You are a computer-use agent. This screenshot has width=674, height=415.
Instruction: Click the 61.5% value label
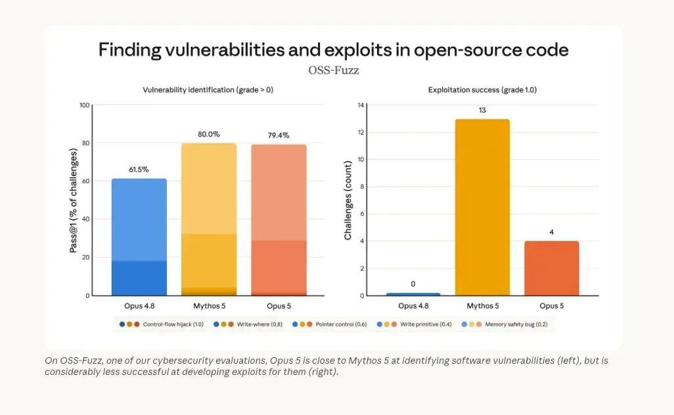[x=139, y=169]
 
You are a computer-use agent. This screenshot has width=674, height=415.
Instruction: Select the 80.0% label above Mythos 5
[x=208, y=135]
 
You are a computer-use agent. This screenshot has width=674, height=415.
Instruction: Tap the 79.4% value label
[x=279, y=135]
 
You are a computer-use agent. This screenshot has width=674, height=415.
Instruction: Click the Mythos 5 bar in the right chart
[x=482, y=207]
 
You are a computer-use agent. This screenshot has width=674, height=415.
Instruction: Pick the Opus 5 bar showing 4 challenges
[x=552, y=269]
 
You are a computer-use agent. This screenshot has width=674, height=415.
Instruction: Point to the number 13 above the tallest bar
[x=482, y=110]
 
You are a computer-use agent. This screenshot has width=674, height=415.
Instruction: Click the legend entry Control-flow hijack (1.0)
[x=161, y=324]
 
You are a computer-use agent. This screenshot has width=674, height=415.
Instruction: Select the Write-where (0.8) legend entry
[x=248, y=324]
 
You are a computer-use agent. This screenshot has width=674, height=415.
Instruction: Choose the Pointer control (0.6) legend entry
[x=329, y=324]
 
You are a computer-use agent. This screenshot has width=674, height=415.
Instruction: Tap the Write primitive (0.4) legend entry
[x=414, y=324]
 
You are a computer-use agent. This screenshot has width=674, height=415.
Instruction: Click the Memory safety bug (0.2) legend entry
[x=505, y=324]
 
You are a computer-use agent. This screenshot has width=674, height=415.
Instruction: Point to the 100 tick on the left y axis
[x=85, y=105]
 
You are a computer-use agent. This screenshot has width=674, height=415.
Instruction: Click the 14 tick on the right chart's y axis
[x=361, y=105]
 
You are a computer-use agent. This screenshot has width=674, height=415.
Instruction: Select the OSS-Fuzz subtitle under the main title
[x=334, y=70]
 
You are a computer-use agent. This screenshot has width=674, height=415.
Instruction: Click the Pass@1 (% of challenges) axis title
[x=74, y=200]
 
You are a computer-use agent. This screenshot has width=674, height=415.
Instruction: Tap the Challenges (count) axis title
[x=348, y=200]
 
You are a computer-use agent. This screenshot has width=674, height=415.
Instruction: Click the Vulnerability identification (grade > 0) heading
[x=208, y=90]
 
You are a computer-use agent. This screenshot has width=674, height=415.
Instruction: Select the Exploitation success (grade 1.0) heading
[x=482, y=90]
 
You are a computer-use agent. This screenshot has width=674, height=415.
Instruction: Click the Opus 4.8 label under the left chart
[x=139, y=306]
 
